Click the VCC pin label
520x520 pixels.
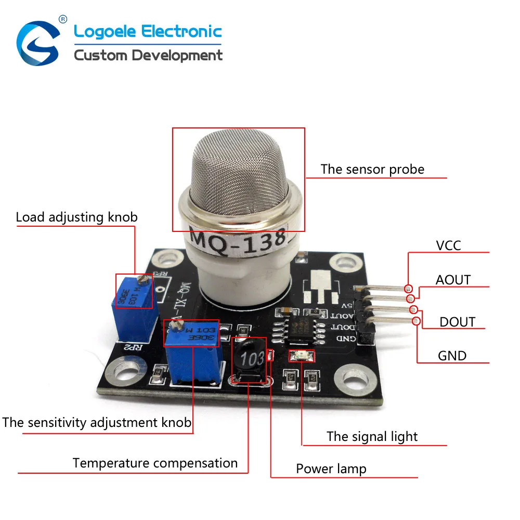448,245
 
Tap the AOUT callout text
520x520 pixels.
453,280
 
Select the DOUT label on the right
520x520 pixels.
457,322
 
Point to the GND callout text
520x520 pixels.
452,356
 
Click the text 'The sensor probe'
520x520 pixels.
372,169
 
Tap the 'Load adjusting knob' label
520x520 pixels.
76,217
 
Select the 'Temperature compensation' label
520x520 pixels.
155,463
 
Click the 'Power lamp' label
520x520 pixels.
331,469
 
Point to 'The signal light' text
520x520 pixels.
372,436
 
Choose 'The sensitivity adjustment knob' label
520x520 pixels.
97,422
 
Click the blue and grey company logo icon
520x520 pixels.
38,43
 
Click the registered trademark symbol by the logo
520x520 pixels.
63,19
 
